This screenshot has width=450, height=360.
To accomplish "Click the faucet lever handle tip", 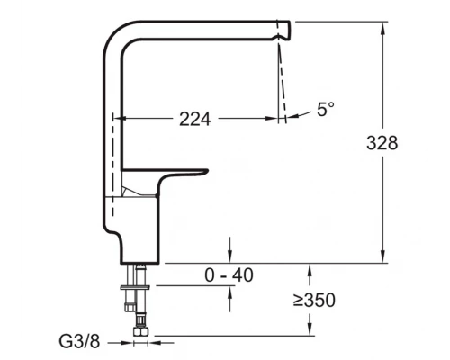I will pyautogui.click(x=203, y=172).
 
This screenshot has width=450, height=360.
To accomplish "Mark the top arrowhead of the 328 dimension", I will pyautogui.click(x=384, y=23).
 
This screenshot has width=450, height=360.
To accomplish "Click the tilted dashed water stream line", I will pyautogui.click(x=282, y=76).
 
